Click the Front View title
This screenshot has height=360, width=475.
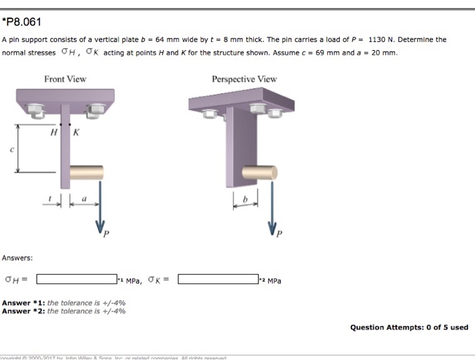(65, 79)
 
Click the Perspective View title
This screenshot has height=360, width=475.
(244, 79)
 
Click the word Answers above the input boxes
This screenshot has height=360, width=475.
(17, 258)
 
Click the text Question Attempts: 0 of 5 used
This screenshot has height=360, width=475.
(408, 327)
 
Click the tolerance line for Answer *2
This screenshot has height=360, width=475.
(64, 311)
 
